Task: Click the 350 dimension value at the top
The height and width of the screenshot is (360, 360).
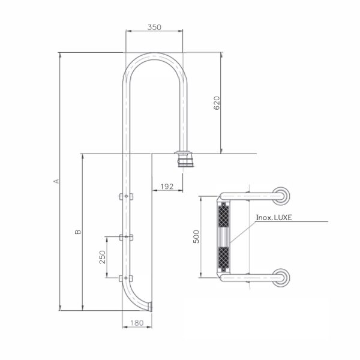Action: coord(154,28)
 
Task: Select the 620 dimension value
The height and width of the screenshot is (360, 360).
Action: coord(217,103)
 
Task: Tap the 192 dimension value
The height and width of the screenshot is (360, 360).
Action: coord(167,187)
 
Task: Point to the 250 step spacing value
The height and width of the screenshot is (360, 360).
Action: coord(103,257)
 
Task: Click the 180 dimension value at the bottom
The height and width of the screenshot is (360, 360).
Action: coord(137,323)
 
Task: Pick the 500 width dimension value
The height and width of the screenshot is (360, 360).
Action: coord(196,237)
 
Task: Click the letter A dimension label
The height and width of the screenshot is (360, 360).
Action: coord(56,181)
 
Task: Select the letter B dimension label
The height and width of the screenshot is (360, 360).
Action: coord(78,232)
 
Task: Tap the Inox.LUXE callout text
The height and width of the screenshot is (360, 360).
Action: coord(274,217)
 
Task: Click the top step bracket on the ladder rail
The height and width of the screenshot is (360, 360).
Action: coord(126,196)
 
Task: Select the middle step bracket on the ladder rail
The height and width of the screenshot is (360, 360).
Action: coord(126,237)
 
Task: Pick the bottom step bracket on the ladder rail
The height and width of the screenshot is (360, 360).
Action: coord(126,278)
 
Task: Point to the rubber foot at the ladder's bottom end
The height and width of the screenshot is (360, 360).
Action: coord(150,307)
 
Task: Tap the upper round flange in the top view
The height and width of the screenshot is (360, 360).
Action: coord(281,196)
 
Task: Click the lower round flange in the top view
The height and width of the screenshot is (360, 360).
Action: coord(281,278)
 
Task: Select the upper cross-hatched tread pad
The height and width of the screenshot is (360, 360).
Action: coord(223,215)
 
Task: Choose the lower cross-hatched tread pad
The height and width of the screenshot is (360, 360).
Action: coord(223,259)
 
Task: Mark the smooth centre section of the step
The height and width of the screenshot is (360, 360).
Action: coord(223,237)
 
